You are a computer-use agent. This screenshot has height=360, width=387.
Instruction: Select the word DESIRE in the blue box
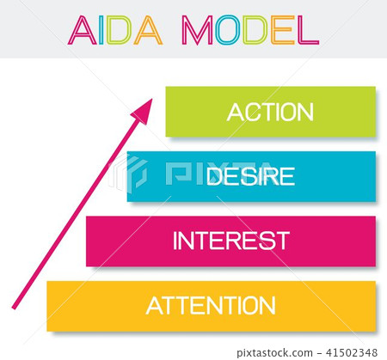(251, 177)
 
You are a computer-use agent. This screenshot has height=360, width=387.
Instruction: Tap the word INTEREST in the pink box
(230, 241)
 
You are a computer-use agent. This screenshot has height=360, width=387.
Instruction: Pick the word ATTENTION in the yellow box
(211, 305)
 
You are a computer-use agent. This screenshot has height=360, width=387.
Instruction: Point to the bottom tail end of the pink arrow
(15, 307)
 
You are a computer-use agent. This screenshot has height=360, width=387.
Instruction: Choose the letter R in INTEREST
(244, 241)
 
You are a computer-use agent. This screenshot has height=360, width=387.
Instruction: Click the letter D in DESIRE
(217, 177)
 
